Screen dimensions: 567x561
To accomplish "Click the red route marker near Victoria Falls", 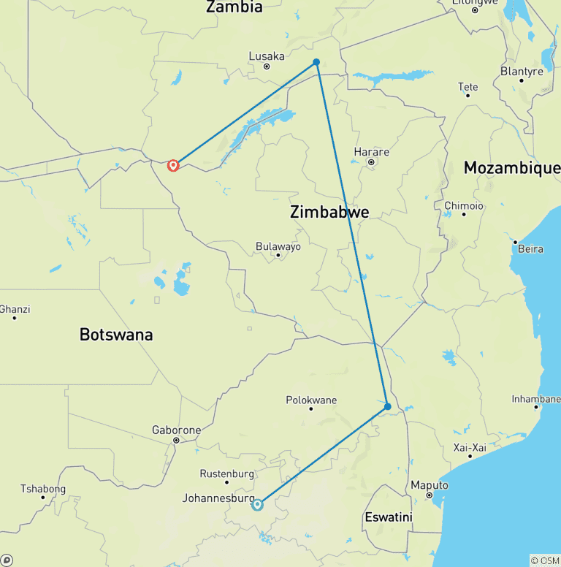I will tap(173, 165).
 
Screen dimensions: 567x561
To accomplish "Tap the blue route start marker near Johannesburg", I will tap(257, 504).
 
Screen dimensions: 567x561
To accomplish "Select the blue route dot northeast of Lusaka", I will tap(316, 62).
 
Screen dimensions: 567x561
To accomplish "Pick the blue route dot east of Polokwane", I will tap(388, 406).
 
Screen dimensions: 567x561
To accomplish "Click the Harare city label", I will tap(371, 152).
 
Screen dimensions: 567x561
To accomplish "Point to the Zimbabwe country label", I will tap(329, 213).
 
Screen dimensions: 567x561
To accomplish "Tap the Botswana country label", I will tap(116, 335).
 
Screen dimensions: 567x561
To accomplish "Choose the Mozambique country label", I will tap(512, 168).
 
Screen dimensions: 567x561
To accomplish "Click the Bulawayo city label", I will tap(278, 247).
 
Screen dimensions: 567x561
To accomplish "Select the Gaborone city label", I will tap(176, 430).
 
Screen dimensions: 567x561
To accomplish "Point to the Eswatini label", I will tap(388, 517).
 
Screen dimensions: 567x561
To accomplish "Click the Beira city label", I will tap(530, 248).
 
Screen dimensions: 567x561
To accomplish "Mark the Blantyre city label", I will tap(522, 71).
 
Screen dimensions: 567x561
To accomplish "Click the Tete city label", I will tap(467, 87).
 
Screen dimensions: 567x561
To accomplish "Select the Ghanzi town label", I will tap(15, 309).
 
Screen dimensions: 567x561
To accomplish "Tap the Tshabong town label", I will tap(42, 489).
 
